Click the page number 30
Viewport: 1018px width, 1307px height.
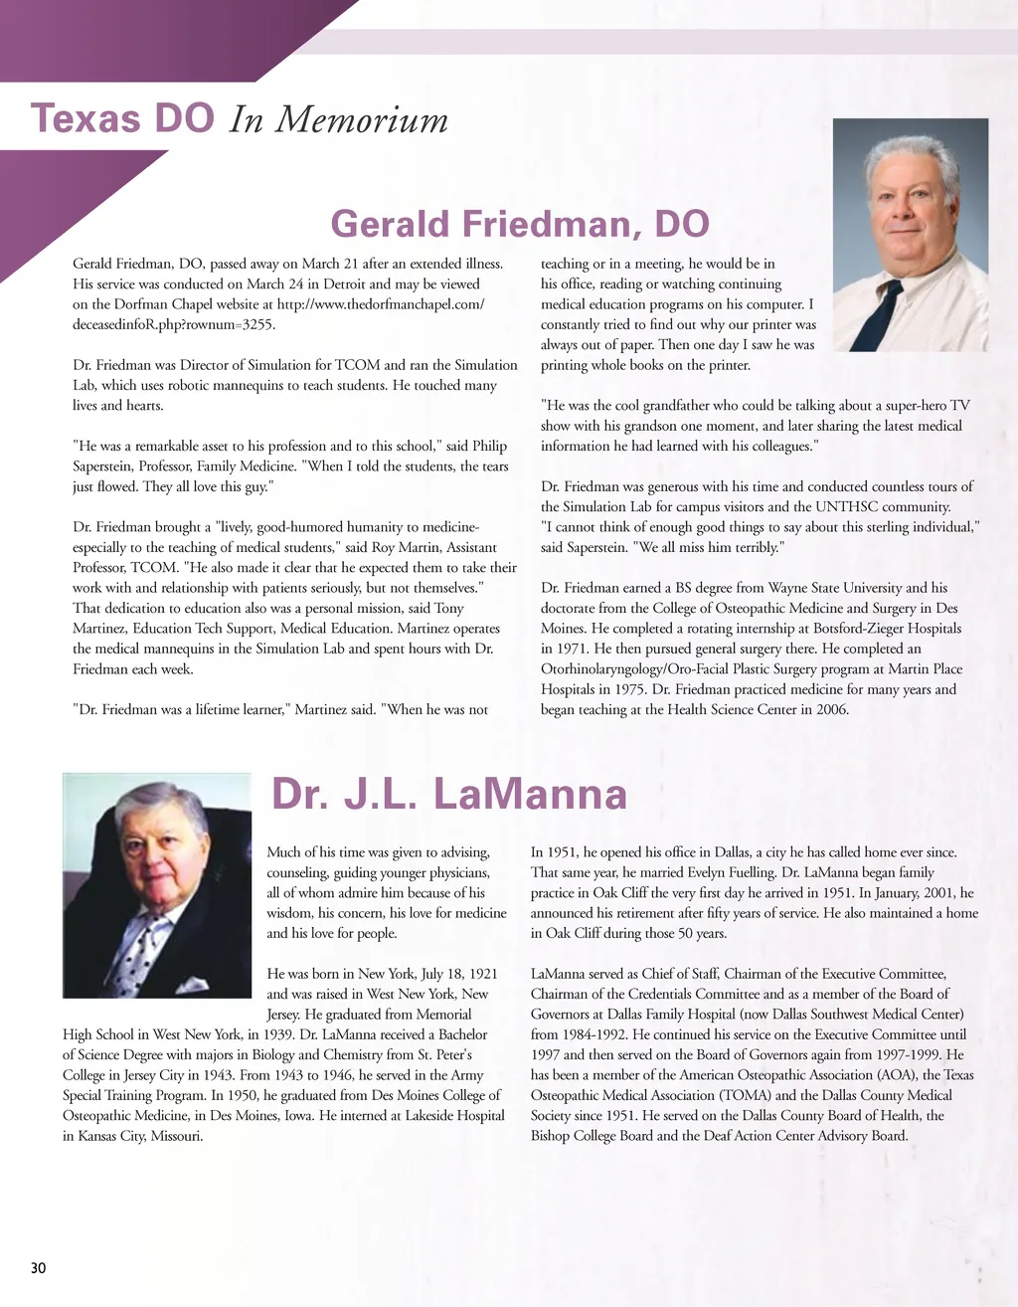(38, 1268)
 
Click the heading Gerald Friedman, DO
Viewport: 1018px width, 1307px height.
(520, 224)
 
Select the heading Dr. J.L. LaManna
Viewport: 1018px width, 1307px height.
(449, 795)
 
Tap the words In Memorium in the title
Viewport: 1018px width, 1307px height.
(339, 119)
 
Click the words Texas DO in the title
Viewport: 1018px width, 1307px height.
(123, 118)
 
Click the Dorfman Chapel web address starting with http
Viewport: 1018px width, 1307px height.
(381, 304)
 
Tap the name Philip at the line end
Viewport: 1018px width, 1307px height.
(489, 447)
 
